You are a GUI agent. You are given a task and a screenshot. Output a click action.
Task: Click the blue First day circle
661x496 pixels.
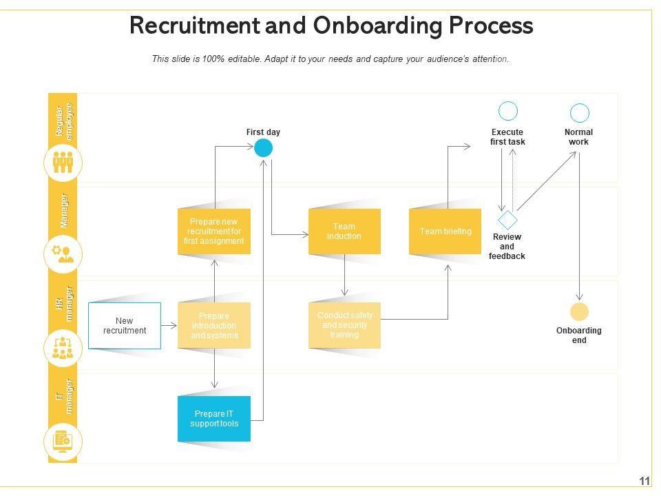click(x=264, y=148)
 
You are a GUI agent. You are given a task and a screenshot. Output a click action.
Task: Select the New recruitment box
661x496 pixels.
click(x=125, y=326)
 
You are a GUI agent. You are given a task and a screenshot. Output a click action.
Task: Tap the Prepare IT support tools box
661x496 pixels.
click(x=214, y=419)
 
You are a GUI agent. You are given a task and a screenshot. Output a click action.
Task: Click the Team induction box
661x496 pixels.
click(x=344, y=231)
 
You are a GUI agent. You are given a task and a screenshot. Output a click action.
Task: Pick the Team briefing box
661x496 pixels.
click(x=445, y=231)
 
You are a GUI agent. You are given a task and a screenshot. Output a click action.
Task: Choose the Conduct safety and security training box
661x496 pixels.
click(x=344, y=325)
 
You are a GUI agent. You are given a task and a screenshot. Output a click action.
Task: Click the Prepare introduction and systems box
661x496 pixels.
click(x=214, y=326)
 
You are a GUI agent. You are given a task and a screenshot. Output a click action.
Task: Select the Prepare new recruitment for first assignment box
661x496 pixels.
click(x=214, y=231)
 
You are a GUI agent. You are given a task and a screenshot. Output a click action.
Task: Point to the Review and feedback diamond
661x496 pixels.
click(x=507, y=220)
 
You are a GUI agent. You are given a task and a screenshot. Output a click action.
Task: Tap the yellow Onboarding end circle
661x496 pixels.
click(x=580, y=312)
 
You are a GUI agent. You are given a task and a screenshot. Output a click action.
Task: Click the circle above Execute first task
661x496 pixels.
click(x=508, y=111)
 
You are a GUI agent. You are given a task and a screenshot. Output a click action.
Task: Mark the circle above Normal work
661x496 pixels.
click(x=580, y=113)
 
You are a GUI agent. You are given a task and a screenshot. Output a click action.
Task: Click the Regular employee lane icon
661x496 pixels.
click(x=63, y=163)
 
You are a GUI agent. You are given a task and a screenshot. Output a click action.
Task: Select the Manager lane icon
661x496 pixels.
click(x=63, y=255)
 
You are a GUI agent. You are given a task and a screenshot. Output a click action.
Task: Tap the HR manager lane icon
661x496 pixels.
click(x=63, y=348)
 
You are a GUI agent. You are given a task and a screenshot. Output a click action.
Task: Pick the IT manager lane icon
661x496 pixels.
click(x=63, y=441)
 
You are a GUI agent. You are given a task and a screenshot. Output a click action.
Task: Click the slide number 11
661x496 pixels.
click(x=644, y=481)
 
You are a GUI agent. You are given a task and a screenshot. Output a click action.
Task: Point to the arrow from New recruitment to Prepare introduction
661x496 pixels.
click(x=169, y=325)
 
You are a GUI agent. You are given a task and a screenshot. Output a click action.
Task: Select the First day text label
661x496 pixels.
click(x=263, y=132)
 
